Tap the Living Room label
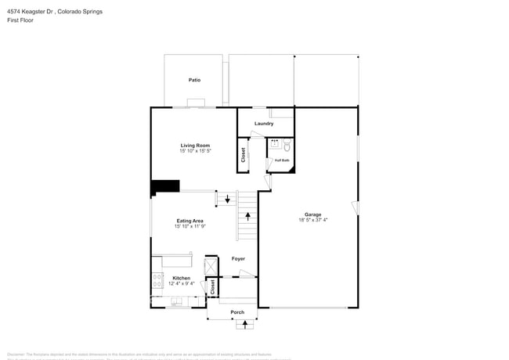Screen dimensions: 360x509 (x=195, y=146)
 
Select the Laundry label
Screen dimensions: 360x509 (x=264, y=124)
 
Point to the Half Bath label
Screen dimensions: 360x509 (x=281, y=160)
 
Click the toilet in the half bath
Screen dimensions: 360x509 (x=287, y=146)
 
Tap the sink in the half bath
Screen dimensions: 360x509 (x=275, y=145)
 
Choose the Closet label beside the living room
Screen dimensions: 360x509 (x=244, y=154)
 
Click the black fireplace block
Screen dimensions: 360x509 (x=165, y=186)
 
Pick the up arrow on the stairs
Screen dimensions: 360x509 (x=248, y=215)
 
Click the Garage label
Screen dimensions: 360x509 (x=313, y=214)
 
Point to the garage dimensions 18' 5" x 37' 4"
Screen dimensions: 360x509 (x=313, y=220)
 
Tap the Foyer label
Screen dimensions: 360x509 (x=238, y=258)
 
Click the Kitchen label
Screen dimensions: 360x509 (x=182, y=278)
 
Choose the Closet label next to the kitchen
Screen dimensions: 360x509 (x=212, y=286)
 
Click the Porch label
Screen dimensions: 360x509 (x=237, y=312)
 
